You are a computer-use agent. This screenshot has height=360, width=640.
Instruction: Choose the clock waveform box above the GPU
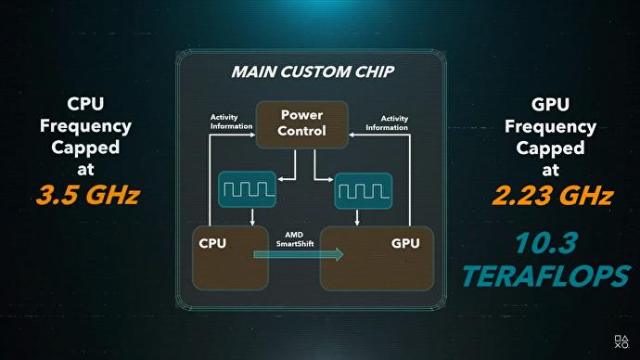point(361,189)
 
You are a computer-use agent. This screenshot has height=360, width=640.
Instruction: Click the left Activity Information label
point(231,122)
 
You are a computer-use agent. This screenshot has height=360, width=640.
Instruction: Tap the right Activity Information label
point(388,122)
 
